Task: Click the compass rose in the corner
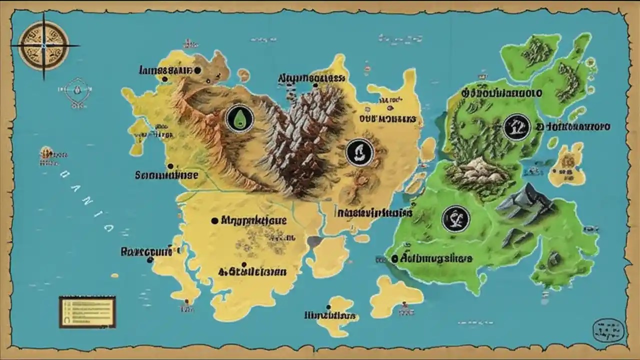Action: coord(43,45)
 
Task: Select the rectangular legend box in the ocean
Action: coord(87,312)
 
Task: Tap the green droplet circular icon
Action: coord(239,118)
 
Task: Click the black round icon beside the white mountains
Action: coord(359,152)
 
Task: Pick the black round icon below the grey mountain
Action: coord(455,218)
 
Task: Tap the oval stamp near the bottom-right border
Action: coord(608,330)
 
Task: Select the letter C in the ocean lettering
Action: coord(107,227)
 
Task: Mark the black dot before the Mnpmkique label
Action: coord(215,220)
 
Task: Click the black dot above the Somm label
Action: coord(170,166)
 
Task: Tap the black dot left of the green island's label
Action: coord(394,258)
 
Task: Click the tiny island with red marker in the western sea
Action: coord(46,152)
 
